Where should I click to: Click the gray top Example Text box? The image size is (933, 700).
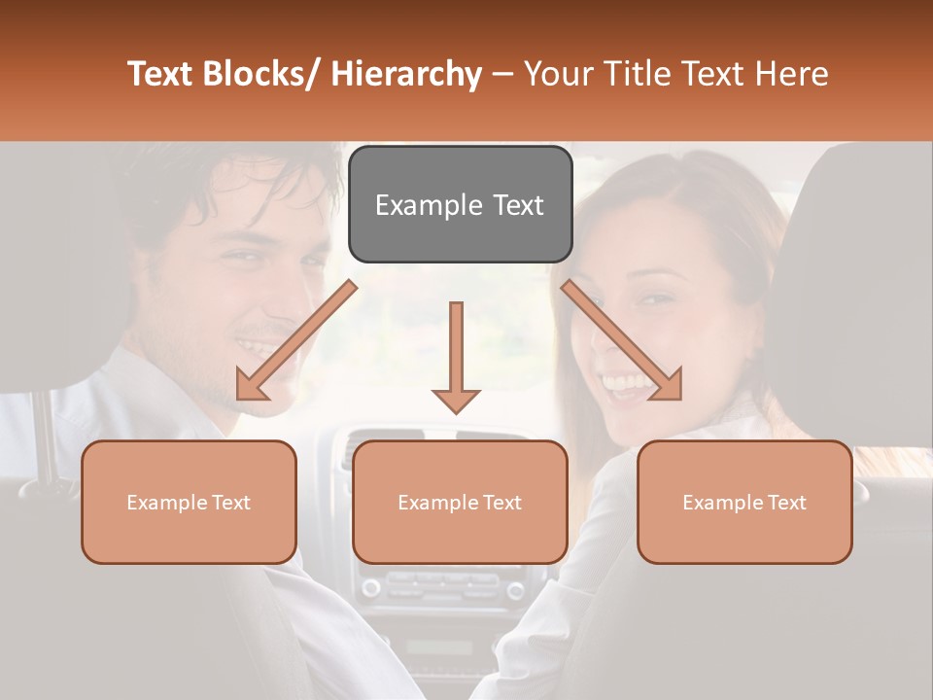pos(460,204)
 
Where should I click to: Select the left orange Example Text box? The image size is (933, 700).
pos(189,502)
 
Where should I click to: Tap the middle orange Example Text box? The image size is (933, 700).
pos(460,502)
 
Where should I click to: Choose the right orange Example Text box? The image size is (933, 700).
pos(744,502)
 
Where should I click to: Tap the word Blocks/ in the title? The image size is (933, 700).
pos(261,75)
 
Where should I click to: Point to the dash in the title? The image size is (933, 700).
pos(501,75)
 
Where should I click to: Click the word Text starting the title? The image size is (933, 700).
pos(160,75)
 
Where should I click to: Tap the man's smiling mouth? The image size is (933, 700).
pos(260,347)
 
